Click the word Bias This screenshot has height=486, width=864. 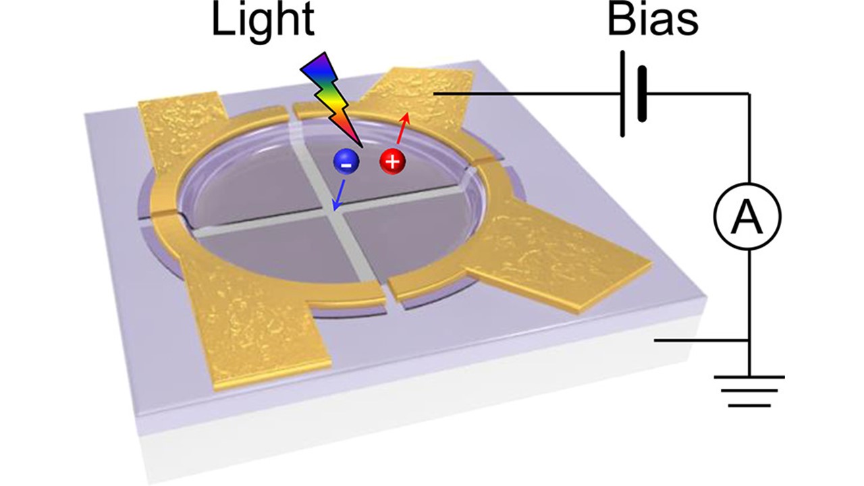[653, 20]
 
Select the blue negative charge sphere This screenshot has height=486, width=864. [346, 163]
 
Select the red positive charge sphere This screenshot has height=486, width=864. [393, 161]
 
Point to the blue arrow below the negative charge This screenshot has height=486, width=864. [340, 195]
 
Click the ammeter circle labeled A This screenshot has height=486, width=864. [747, 216]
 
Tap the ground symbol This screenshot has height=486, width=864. [749, 391]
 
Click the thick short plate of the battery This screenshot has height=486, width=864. [642, 94]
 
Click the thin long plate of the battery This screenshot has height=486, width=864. [622, 94]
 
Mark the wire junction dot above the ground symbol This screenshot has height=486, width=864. [749, 341]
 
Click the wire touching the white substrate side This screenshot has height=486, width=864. [701, 341]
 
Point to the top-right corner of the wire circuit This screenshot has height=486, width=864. [749, 94]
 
